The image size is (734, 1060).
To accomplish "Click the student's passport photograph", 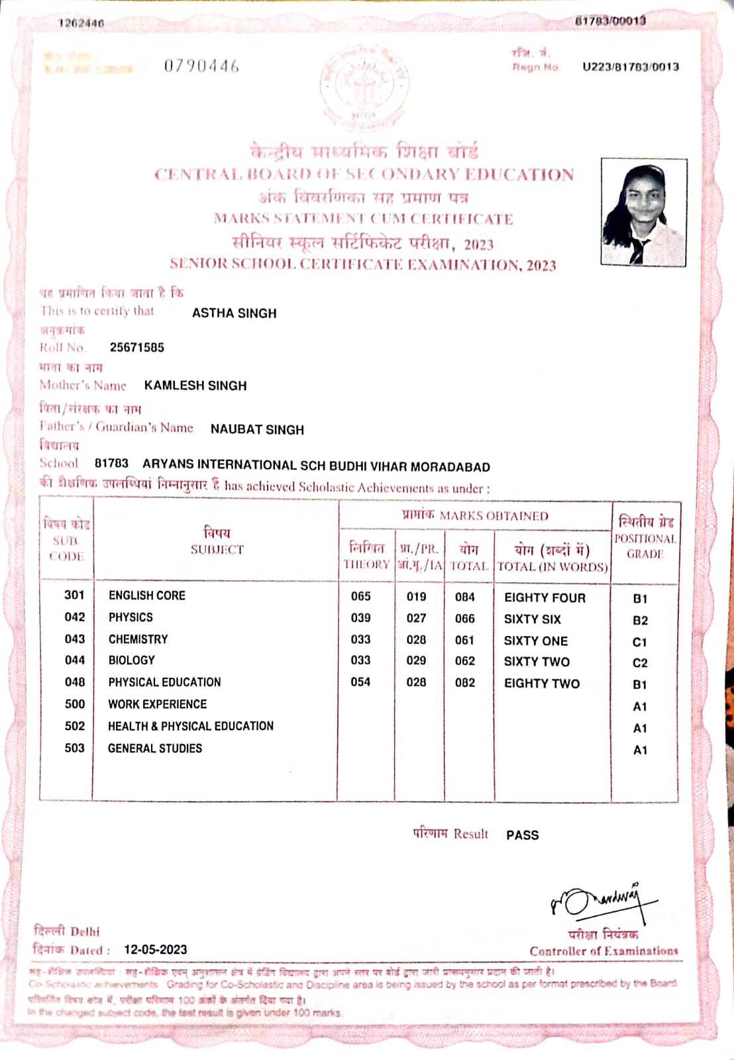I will tap(643, 212).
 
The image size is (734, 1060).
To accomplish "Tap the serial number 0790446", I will tap(201, 66).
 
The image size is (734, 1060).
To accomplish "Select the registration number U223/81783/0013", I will tap(630, 66).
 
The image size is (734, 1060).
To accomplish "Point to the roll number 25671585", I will tap(137, 347).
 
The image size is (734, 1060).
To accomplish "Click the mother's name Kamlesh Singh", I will tap(195, 386).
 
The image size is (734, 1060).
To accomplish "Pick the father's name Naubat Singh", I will tap(257, 429).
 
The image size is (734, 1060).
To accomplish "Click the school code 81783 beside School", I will tap(111, 463).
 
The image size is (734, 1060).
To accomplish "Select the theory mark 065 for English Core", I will tap(361, 596).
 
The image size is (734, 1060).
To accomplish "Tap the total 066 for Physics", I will tap(465, 618).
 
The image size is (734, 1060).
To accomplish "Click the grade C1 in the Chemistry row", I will tap(639, 642).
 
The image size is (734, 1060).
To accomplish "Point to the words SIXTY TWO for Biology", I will tap(537, 662).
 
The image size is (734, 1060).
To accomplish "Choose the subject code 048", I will tap(75, 682).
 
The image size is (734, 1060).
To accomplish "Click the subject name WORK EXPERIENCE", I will tap(158, 704).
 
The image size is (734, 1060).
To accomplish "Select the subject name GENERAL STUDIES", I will tap(155, 748).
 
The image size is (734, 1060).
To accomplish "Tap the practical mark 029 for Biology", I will tap(416, 661).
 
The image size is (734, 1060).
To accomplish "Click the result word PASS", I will tap(523, 835).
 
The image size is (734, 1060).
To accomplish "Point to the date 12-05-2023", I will tap(156, 949).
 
